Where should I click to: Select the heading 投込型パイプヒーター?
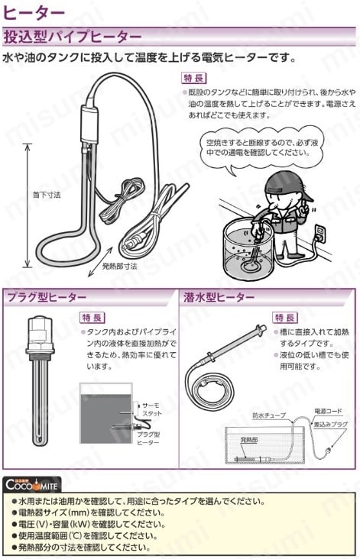(72, 37)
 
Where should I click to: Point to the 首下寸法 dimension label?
(47, 195)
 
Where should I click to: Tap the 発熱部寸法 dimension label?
(120, 267)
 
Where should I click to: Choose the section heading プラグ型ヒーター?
(47, 297)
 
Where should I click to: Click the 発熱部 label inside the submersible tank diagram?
(249, 441)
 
